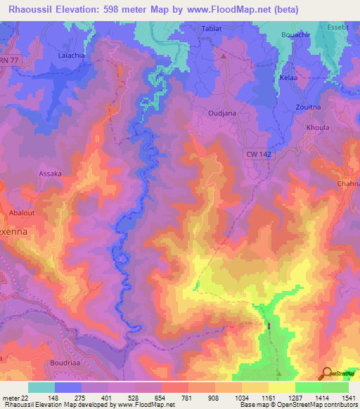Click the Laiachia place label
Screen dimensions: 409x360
[x=71, y=53]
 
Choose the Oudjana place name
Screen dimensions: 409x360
[x=222, y=110]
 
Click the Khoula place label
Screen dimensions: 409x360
[x=318, y=128]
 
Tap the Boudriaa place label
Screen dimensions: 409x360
[x=84, y=364]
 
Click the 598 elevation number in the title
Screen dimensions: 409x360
[x=123, y=9]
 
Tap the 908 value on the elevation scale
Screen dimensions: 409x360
[x=213, y=398]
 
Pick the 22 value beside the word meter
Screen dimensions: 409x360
[x=26, y=398]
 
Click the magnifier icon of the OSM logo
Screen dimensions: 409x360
[x=326, y=373]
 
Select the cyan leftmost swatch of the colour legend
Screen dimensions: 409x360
[x=41, y=387]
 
